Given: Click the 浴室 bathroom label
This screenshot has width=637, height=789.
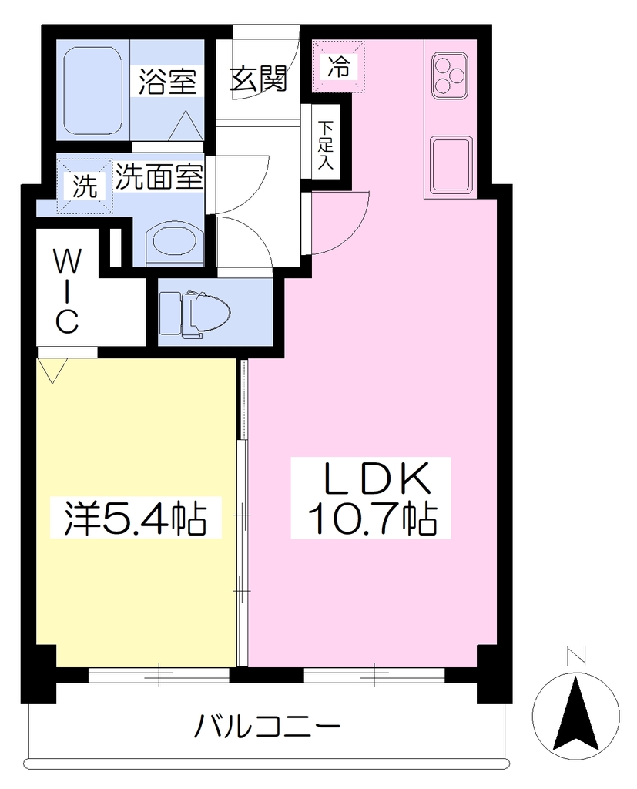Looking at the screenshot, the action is pyautogui.click(x=168, y=81).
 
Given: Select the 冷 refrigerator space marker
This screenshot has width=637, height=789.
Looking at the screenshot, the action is pyautogui.click(x=338, y=66).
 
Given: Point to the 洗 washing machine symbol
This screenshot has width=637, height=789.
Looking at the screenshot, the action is pyautogui.click(x=85, y=186).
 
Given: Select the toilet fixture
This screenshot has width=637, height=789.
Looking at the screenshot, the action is pyautogui.click(x=194, y=313).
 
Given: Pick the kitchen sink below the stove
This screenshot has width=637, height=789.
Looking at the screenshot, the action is pyautogui.click(x=451, y=165).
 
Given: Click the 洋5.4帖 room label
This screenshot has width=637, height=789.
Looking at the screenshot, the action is pyautogui.click(x=136, y=518).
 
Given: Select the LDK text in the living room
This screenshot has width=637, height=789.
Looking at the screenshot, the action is pyautogui.click(x=377, y=478).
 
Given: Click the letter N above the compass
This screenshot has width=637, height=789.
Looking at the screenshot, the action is pyautogui.click(x=575, y=656).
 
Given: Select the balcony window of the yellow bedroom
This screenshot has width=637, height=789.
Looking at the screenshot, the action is pyautogui.click(x=159, y=675).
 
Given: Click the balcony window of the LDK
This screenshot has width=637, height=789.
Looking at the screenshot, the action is pyautogui.click(x=374, y=675).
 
